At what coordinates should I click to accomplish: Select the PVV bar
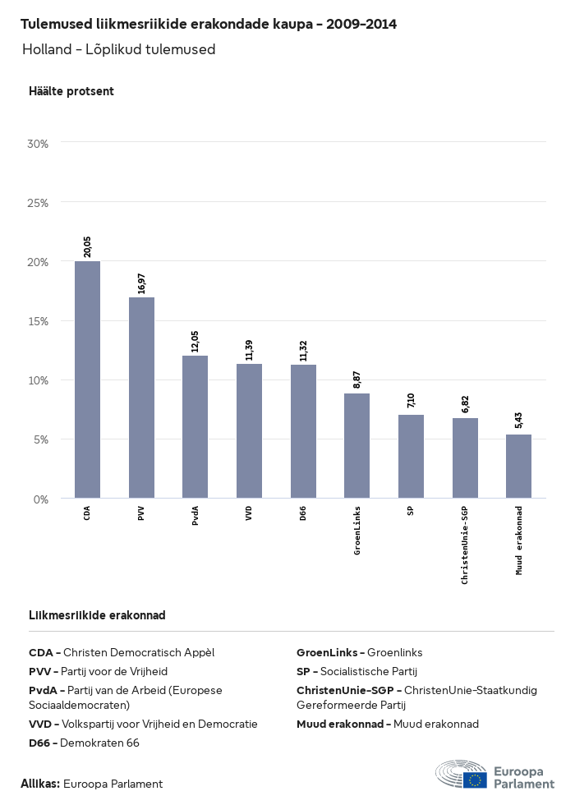[x=141, y=398]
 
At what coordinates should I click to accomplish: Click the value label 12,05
[x=195, y=341]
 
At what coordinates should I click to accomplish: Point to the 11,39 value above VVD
[x=249, y=349]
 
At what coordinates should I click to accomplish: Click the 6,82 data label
[x=465, y=403]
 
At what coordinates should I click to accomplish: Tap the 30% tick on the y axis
[x=38, y=143]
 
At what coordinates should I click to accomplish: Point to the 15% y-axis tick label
[x=38, y=321]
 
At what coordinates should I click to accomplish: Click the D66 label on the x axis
[x=303, y=513]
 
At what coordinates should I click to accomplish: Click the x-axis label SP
[x=411, y=511]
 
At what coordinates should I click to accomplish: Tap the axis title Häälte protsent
[x=71, y=91]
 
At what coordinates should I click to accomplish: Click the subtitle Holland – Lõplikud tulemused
[x=118, y=49]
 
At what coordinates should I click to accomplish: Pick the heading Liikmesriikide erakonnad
[x=97, y=615]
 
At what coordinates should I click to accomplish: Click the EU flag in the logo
[x=475, y=779]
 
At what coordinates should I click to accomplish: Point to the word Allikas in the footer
[x=39, y=784]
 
